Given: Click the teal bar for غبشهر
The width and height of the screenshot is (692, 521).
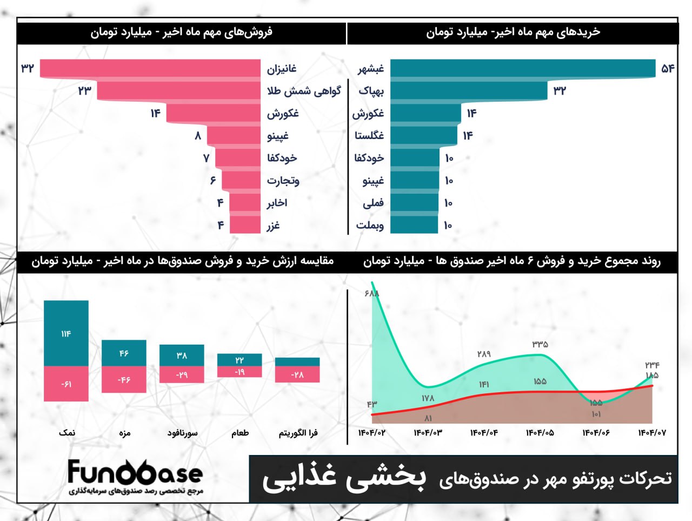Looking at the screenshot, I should pyautogui.click(x=522, y=68).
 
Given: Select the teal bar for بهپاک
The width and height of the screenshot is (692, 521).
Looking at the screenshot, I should pyautogui.click(x=469, y=91).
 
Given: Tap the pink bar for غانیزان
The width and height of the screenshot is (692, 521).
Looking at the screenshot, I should pyautogui.click(x=150, y=68).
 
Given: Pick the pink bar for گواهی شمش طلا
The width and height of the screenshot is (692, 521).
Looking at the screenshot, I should pyautogui.click(x=178, y=91).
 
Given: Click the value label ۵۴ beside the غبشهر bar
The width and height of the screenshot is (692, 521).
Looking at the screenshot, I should pyautogui.click(x=668, y=68).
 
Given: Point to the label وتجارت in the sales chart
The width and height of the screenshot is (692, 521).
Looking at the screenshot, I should pyautogui.click(x=283, y=181).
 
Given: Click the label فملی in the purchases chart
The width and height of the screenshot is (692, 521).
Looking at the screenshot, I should pyautogui.click(x=373, y=203).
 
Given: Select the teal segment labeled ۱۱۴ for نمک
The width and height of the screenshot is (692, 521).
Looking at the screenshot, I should pyautogui.click(x=66, y=333).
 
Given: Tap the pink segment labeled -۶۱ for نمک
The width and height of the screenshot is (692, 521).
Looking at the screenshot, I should pyautogui.click(x=66, y=384).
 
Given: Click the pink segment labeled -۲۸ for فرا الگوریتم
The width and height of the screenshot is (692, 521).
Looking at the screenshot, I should pyautogui.click(x=297, y=375).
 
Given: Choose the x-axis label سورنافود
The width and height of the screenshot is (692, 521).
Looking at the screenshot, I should pyautogui.click(x=182, y=433).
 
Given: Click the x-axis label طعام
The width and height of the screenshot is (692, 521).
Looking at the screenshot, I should pyautogui.click(x=240, y=433).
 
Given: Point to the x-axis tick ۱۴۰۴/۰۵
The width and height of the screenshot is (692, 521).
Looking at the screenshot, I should pyautogui.click(x=540, y=433).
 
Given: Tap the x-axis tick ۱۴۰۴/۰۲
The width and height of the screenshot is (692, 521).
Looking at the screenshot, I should pyautogui.click(x=372, y=433).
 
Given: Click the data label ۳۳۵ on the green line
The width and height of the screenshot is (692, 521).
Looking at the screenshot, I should pyautogui.click(x=540, y=344).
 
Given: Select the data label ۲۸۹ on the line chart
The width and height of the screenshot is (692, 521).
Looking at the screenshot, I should pyautogui.click(x=484, y=354).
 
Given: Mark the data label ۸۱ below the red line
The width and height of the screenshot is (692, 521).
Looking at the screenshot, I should pyautogui.click(x=428, y=418).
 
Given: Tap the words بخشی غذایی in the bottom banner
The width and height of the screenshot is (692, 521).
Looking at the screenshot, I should pyautogui.click(x=344, y=478).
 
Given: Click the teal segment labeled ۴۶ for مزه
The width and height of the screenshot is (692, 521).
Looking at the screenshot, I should pyautogui.click(x=124, y=353).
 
